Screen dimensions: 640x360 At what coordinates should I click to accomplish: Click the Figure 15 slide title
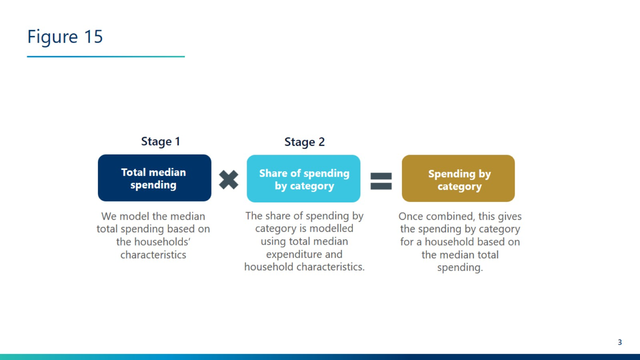pos(65,37)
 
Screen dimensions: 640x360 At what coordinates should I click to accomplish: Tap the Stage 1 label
pos(160,141)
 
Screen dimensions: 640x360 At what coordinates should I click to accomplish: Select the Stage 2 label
pos(304,142)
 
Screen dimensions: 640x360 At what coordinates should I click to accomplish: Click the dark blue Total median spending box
pos(154,178)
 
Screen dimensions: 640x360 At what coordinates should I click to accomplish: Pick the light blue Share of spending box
pos(303,178)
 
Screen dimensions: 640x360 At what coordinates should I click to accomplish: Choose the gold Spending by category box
pos(458,178)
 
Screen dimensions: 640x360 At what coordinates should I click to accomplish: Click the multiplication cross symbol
pos(228,179)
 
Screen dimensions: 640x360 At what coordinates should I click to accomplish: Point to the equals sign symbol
pos(381,181)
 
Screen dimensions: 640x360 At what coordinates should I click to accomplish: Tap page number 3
pos(619,342)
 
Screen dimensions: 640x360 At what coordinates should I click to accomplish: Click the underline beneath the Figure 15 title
pos(105,56)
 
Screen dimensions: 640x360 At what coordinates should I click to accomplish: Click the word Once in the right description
pos(409,216)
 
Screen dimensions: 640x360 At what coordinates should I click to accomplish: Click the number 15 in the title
pos(93,37)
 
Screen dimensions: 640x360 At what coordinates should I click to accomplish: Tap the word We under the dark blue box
pos(109,216)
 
